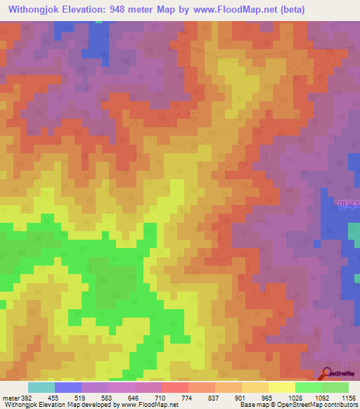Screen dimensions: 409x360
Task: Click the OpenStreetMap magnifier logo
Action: (328, 375)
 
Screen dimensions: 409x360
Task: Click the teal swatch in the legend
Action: (41, 387)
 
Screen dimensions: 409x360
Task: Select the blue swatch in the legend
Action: (68, 387)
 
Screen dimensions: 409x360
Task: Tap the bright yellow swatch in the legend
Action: (282, 387)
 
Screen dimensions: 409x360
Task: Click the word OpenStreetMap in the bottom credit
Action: (289, 405)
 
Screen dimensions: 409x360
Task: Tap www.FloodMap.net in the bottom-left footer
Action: (146, 405)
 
